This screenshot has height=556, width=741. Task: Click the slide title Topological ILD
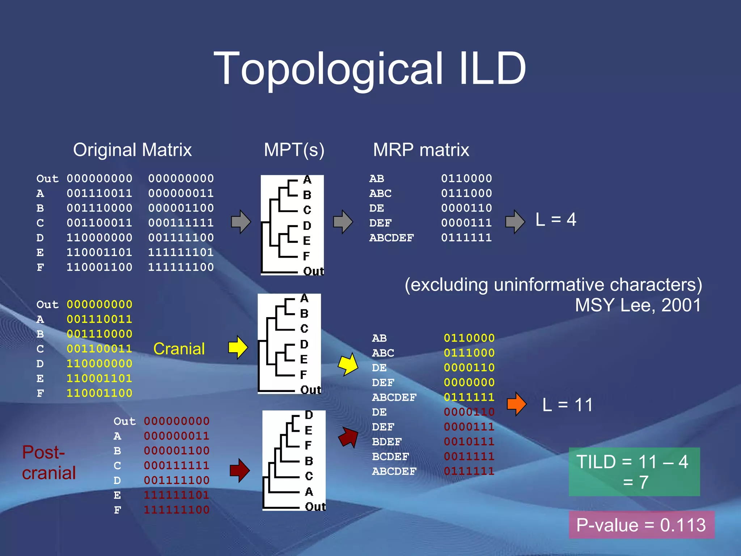click(x=370, y=69)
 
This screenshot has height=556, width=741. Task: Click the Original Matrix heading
click(x=132, y=150)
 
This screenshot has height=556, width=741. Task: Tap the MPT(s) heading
click(x=294, y=150)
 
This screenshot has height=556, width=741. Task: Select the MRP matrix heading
click(x=421, y=150)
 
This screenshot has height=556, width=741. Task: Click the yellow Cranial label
click(x=179, y=349)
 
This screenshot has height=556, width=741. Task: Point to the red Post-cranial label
click(x=49, y=463)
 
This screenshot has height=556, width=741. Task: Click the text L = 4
click(x=556, y=220)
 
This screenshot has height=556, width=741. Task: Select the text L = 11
click(x=567, y=405)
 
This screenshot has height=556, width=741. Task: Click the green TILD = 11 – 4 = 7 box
click(x=634, y=472)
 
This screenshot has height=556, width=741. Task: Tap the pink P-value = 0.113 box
click(x=641, y=525)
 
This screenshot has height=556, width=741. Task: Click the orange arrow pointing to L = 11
click(x=517, y=404)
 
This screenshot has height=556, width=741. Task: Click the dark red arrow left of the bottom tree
click(x=240, y=471)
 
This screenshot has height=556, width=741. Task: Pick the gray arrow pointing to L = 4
click(x=515, y=221)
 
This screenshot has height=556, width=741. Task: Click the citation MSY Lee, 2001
click(x=638, y=305)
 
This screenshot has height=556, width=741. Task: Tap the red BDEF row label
click(x=387, y=442)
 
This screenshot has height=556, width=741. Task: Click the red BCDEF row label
click(x=390, y=457)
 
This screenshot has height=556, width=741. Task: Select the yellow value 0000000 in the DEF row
click(x=469, y=383)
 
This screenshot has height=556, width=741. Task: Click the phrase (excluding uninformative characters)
click(x=553, y=285)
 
